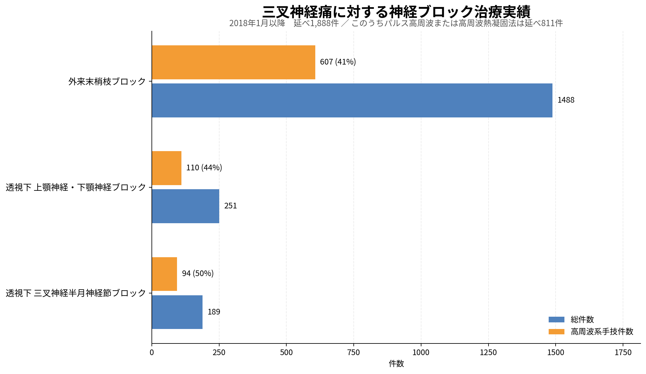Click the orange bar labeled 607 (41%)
click(233, 62)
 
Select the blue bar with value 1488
click(352, 100)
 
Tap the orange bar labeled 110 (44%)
click(167, 168)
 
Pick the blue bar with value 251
click(186, 206)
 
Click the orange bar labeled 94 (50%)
click(164, 274)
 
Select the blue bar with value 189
click(177, 312)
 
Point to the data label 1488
click(566, 100)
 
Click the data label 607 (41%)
click(338, 62)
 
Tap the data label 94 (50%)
click(197, 274)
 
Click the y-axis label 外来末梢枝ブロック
click(107, 82)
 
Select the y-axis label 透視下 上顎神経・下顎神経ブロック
click(76, 188)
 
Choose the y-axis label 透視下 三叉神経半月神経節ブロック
click(76, 293)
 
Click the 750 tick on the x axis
click(353, 353)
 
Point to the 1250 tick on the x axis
click(488, 353)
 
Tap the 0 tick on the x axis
click(152, 353)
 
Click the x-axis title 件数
click(396, 364)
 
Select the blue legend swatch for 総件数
click(556, 320)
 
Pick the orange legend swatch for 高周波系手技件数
click(556, 331)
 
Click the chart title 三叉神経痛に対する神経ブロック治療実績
click(396, 12)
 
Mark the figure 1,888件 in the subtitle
click(324, 23)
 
